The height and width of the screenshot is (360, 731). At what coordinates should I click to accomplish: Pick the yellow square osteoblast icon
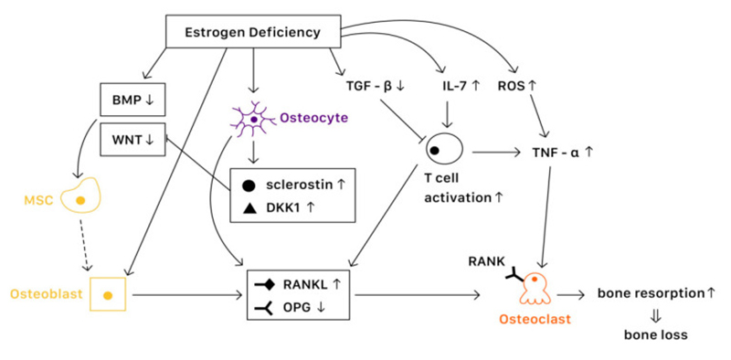point(108,295)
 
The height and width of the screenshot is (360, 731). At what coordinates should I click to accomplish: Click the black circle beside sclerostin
point(249,184)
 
